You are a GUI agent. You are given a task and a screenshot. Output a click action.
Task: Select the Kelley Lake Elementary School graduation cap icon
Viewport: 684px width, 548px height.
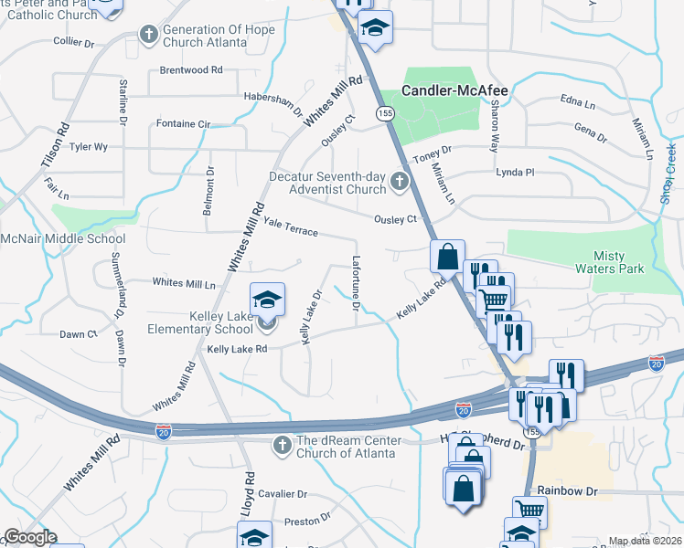tap(267, 300)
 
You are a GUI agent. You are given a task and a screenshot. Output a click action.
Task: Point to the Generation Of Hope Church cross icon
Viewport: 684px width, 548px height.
tap(148, 35)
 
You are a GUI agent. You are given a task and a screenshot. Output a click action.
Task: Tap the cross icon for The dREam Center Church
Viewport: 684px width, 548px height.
tap(283, 444)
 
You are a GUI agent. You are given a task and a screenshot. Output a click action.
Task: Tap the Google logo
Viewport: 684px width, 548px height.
tap(30, 537)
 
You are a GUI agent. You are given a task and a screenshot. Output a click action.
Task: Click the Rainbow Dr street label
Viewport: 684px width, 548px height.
tap(567, 491)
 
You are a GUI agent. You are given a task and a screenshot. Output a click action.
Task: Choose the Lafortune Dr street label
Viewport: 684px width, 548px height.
tap(356, 281)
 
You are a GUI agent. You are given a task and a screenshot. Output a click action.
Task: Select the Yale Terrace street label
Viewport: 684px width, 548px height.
tap(291, 227)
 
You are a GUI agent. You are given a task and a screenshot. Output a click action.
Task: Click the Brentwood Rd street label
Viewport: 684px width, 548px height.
tap(191, 69)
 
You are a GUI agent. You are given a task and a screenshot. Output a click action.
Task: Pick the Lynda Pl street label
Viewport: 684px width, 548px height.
tap(514, 172)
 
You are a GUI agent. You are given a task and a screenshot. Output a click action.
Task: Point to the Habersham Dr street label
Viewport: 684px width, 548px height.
tap(273, 100)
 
